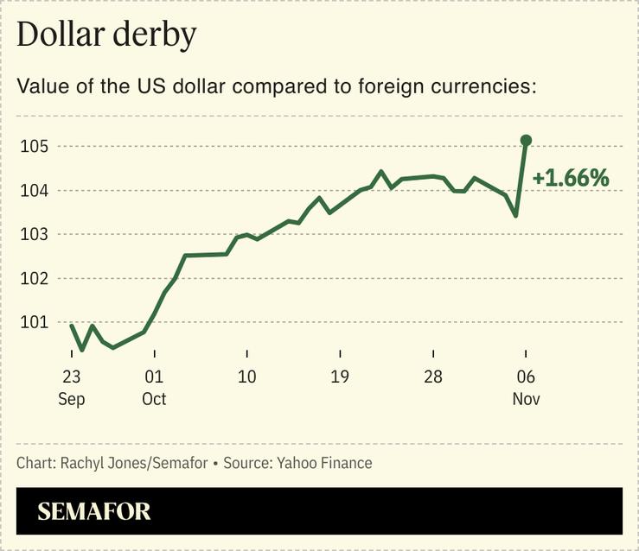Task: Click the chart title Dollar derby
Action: [106, 35]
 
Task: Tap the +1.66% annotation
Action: [571, 179]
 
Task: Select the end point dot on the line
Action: [526, 140]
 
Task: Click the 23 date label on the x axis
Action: [71, 377]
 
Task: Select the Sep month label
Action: [71, 399]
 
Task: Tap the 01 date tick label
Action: [154, 377]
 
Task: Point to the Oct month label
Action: [154, 399]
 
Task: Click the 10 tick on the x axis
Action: [246, 377]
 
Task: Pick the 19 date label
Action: [340, 377]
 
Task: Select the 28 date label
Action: [432, 377]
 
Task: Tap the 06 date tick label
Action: [526, 377]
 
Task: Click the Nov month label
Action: [526, 399]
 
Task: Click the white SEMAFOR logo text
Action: [94, 511]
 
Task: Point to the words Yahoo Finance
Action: [324, 463]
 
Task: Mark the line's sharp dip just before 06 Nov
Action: [515, 215]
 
